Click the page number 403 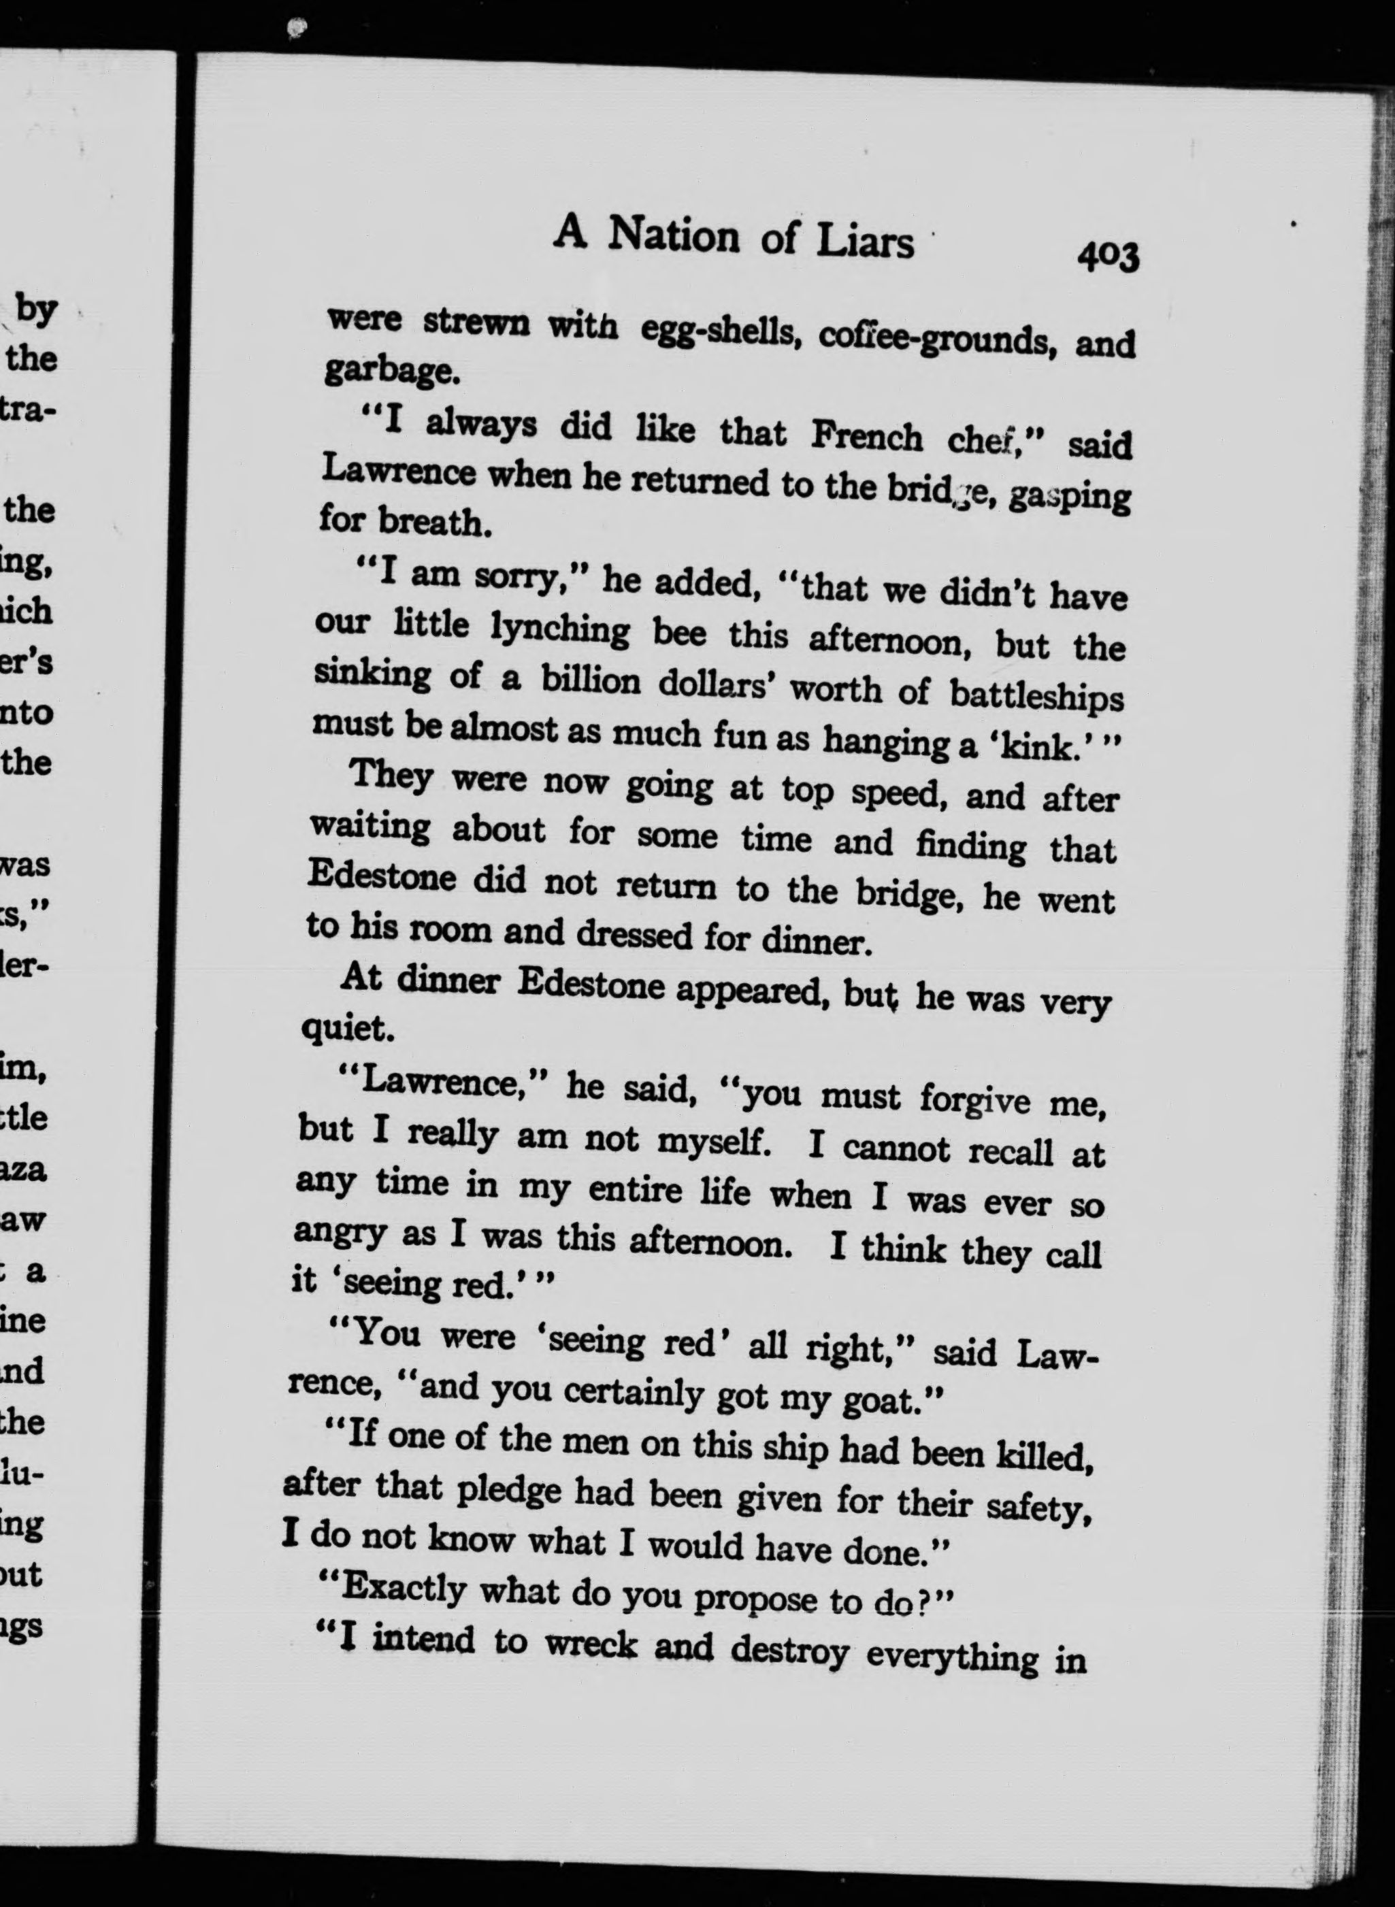tap(1107, 256)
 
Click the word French tap(866, 435)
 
